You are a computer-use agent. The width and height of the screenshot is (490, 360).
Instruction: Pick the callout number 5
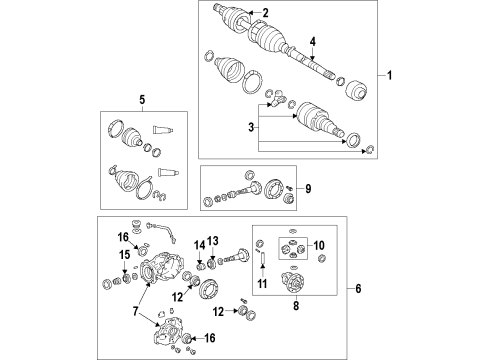pos(142,100)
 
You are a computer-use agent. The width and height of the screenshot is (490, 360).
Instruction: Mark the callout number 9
pos(308,188)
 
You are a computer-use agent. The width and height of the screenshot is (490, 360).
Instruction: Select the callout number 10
pos(320,246)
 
